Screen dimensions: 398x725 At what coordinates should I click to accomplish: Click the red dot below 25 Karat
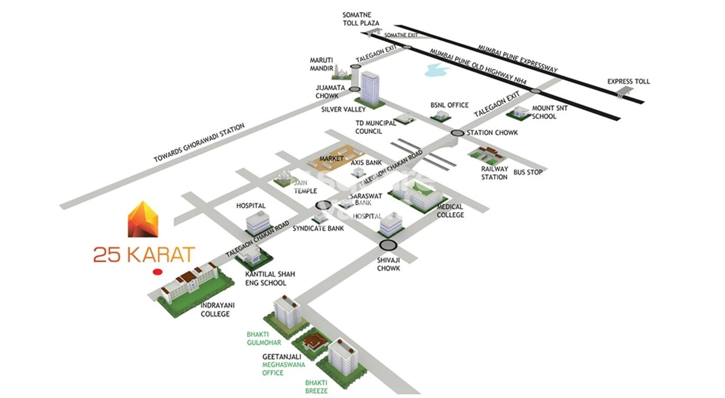coord(157,272)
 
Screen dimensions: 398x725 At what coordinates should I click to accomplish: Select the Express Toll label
coord(628,81)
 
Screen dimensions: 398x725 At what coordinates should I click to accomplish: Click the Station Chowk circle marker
coord(457,133)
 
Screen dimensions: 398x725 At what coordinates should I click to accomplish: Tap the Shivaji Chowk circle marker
coord(389,245)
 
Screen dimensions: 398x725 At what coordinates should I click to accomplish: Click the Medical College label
coord(450,211)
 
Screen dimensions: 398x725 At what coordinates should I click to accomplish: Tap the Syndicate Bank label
coord(318,228)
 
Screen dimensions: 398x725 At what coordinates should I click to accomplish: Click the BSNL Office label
coord(450,105)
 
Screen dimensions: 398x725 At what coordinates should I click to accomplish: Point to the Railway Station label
coord(494,173)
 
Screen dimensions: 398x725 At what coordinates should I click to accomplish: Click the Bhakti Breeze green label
coord(316,386)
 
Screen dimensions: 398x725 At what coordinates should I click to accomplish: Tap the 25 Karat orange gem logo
coord(143,219)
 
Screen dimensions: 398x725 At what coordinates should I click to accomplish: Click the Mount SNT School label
coord(544,112)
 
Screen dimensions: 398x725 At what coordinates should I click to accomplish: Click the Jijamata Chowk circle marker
coord(354,89)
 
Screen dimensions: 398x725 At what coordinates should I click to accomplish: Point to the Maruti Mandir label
coord(322,64)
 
